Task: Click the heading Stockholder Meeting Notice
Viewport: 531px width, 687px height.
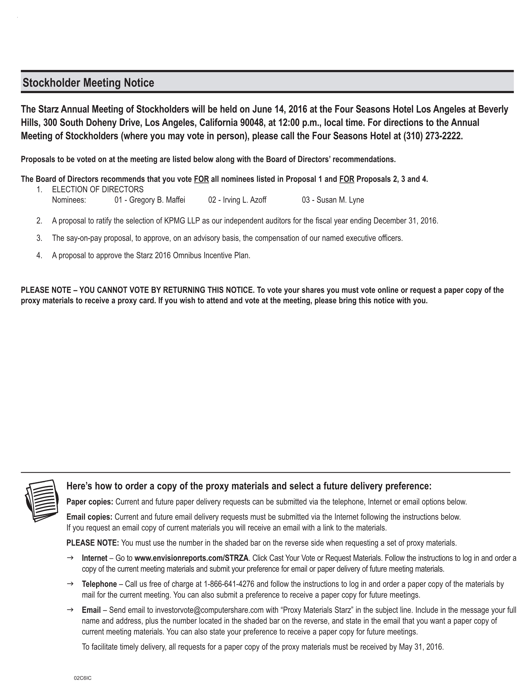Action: pos(88,83)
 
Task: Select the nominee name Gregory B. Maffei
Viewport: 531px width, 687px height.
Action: pos(157,200)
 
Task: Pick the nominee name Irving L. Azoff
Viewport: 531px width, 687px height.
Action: pos(244,200)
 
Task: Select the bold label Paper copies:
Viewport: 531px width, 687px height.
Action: pos(90,502)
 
